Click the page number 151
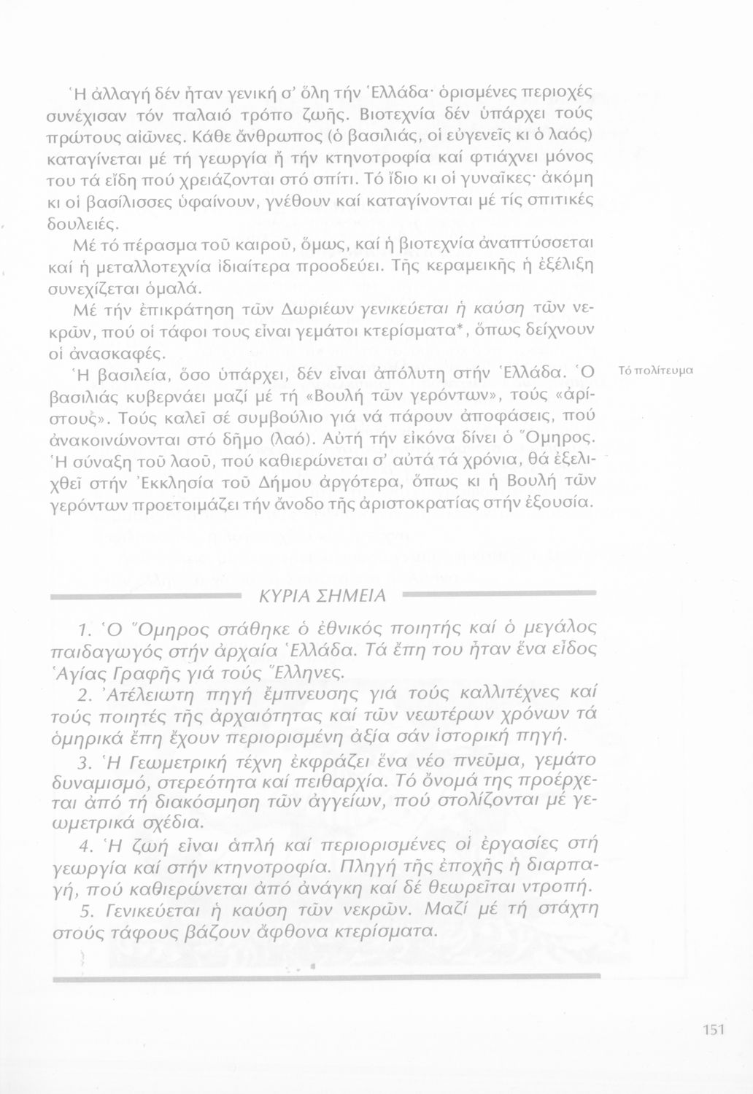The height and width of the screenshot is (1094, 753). click(x=713, y=1029)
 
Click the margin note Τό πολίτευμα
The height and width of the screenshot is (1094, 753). click(x=654, y=371)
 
